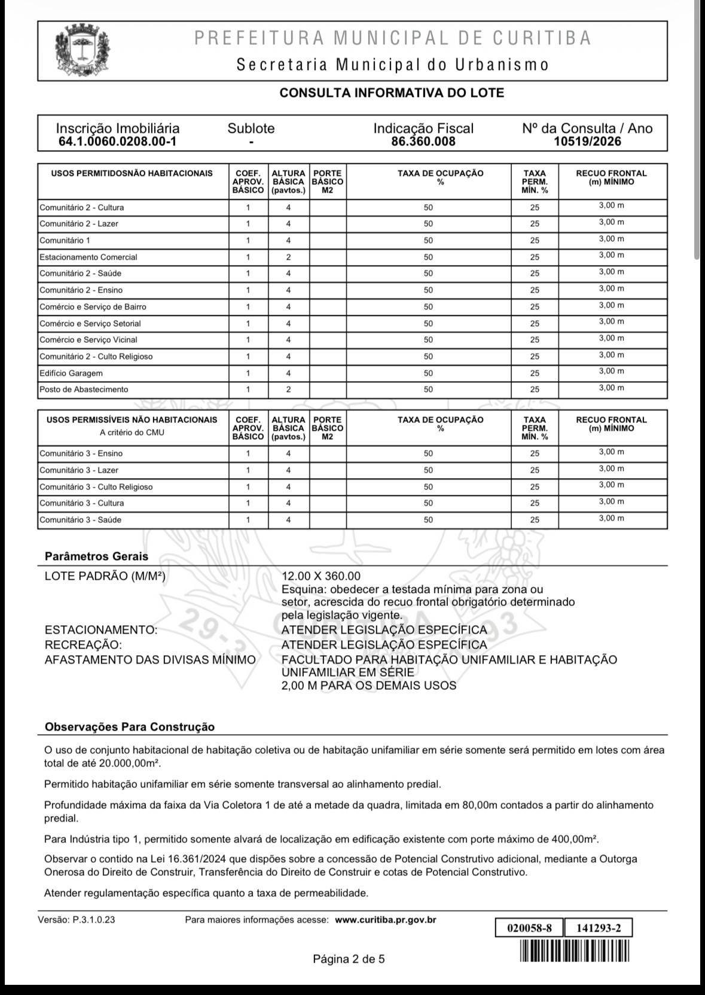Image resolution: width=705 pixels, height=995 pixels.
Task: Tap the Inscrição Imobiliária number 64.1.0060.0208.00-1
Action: point(117,142)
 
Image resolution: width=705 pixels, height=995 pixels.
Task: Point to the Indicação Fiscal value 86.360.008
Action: point(423,142)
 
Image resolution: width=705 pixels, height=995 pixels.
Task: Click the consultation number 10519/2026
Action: point(587,142)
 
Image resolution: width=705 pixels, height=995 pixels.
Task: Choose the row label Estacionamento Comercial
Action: point(88,257)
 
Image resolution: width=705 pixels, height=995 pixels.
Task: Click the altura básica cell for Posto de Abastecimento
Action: point(288,390)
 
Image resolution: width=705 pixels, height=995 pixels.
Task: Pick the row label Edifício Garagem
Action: point(71,373)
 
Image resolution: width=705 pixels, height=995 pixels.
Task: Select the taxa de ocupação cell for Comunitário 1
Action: point(428,241)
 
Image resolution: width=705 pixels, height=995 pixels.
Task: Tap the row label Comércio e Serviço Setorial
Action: point(90,324)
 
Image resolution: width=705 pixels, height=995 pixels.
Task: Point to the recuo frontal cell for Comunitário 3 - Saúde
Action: point(611,519)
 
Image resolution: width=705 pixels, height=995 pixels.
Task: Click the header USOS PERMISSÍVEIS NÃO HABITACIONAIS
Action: point(132,420)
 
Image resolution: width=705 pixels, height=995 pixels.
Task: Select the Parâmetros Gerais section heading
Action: point(96,556)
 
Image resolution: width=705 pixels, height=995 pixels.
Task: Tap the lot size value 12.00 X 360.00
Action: point(321,576)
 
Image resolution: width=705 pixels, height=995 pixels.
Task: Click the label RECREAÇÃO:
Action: point(83,645)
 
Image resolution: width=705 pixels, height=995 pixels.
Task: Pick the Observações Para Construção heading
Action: point(129,727)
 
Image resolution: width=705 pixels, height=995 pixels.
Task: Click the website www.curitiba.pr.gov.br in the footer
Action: point(385,920)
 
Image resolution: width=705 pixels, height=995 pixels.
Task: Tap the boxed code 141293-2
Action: point(597,928)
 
